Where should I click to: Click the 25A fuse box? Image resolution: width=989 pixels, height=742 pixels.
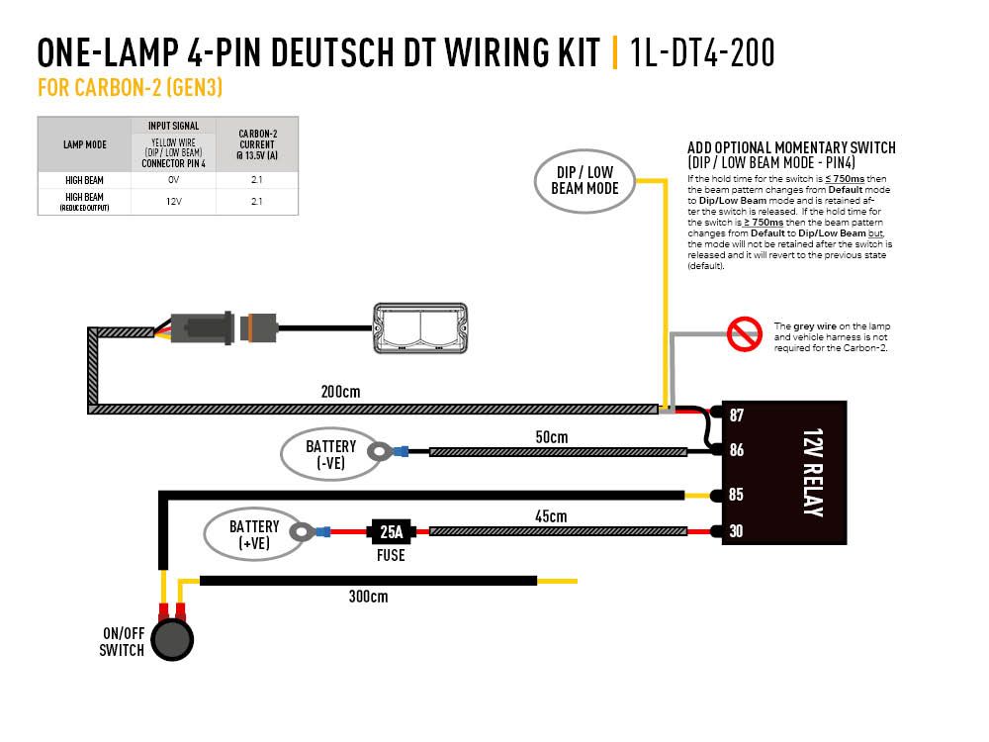pos(391,531)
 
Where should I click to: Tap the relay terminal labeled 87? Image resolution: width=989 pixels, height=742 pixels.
pos(736,415)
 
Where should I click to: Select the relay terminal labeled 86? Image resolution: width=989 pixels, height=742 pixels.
pos(736,450)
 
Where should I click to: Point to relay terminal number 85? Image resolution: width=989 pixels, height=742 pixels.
pos(736,495)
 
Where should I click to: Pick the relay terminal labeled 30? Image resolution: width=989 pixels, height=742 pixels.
pos(736,531)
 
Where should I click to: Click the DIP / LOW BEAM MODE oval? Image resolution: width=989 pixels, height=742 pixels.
pos(584,180)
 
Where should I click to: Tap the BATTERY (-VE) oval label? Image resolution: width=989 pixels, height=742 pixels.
pos(330,454)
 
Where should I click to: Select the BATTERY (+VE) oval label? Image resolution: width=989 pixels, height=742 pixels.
pos(254,534)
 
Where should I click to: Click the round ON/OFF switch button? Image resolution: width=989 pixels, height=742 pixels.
pos(174,639)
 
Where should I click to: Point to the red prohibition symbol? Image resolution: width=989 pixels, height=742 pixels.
pos(743,334)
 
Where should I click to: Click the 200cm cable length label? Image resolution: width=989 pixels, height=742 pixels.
pos(340,392)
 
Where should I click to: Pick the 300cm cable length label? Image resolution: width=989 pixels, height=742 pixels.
pos(368,597)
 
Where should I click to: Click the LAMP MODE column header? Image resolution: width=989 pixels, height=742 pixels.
pos(84,144)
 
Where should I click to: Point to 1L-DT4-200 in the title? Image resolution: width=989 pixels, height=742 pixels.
pos(701,52)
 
